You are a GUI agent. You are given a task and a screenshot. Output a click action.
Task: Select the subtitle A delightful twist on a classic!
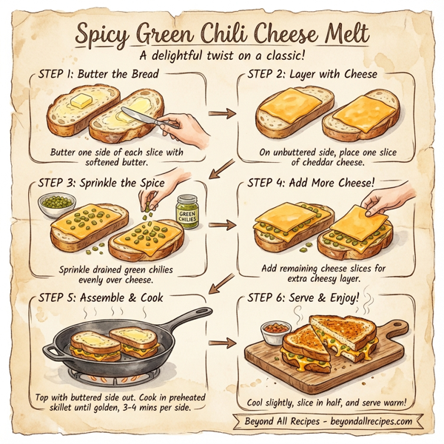point(222,55)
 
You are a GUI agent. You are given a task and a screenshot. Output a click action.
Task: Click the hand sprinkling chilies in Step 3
point(164,181)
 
